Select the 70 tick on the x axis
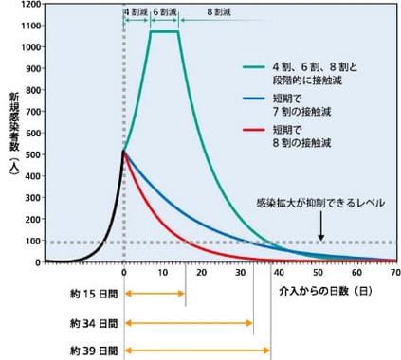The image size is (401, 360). [x=394, y=272]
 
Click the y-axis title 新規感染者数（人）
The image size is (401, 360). [x=13, y=133]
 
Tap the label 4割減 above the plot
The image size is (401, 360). [x=135, y=14]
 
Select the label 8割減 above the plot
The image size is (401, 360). [x=219, y=14]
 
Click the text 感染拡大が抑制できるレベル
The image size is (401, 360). [x=319, y=203]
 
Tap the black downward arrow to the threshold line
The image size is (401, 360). [x=321, y=225]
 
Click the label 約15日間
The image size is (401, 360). [x=90, y=293]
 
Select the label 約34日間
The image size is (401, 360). [x=90, y=322]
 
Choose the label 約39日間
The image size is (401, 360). [x=90, y=351]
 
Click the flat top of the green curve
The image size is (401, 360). [x=164, y=32]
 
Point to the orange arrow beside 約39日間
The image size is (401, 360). [x=198, y=351]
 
